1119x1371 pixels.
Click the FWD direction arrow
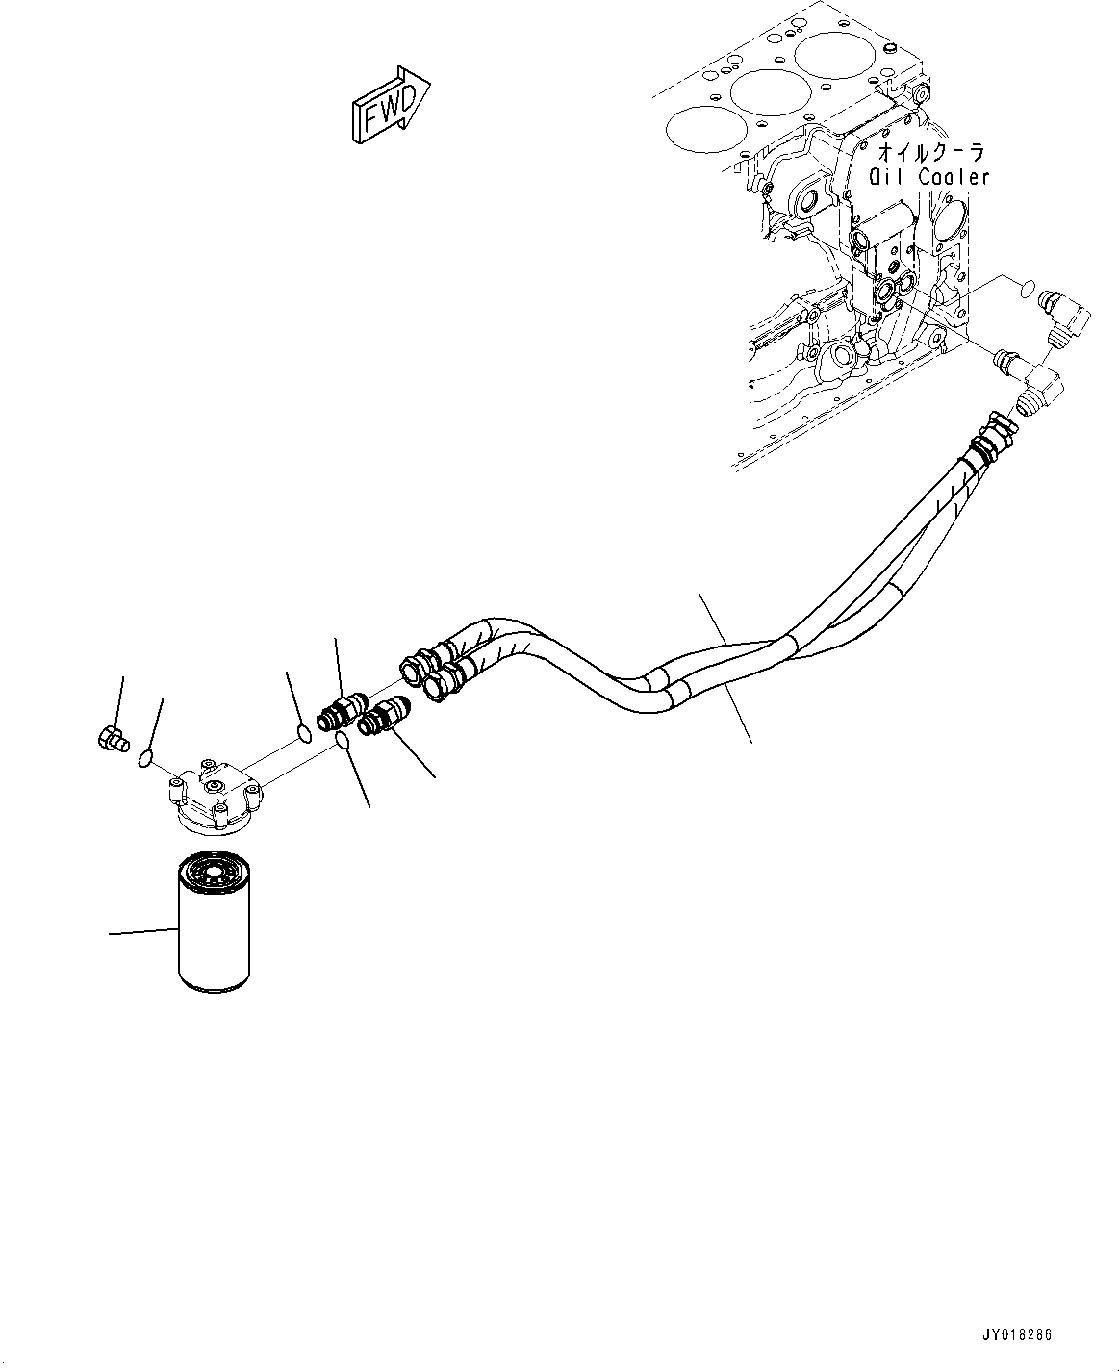click(390, 105)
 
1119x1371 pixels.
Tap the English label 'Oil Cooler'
click(929, 177)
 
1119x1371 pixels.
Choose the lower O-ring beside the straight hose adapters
click(343, 739)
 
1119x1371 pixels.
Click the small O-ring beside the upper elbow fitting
click(1027, 287)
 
